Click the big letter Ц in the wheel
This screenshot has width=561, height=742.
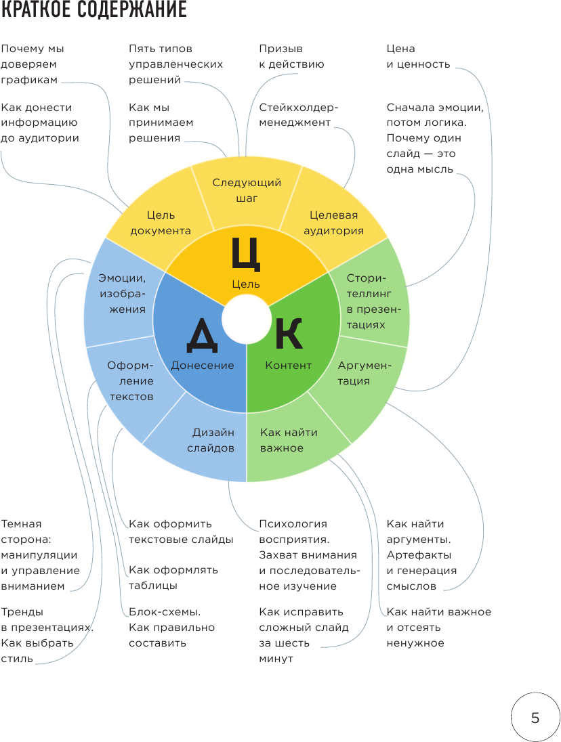(x=245, y=255)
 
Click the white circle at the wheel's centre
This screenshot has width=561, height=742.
(x=245, y=322)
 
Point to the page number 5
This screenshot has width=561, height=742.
(x=535, y=718)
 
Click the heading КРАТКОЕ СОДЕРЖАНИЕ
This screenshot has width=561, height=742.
(x=94, y=12)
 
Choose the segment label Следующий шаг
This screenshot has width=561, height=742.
(x=247, y=190)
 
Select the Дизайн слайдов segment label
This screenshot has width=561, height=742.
(x=213, y=440)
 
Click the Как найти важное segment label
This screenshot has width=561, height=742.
(x=289, y=440)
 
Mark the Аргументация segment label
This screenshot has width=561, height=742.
(x=365, y=373)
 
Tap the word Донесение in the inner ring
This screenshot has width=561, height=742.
(x=202, y=366)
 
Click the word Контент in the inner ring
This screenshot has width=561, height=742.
(x=289, y=366)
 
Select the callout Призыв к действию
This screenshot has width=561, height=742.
(x=291, y=57)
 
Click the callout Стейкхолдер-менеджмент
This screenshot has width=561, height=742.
(x=298, y=115)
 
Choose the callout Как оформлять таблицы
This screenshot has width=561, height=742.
(x=173, y=577)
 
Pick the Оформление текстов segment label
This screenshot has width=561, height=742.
(x=130, y=381)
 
